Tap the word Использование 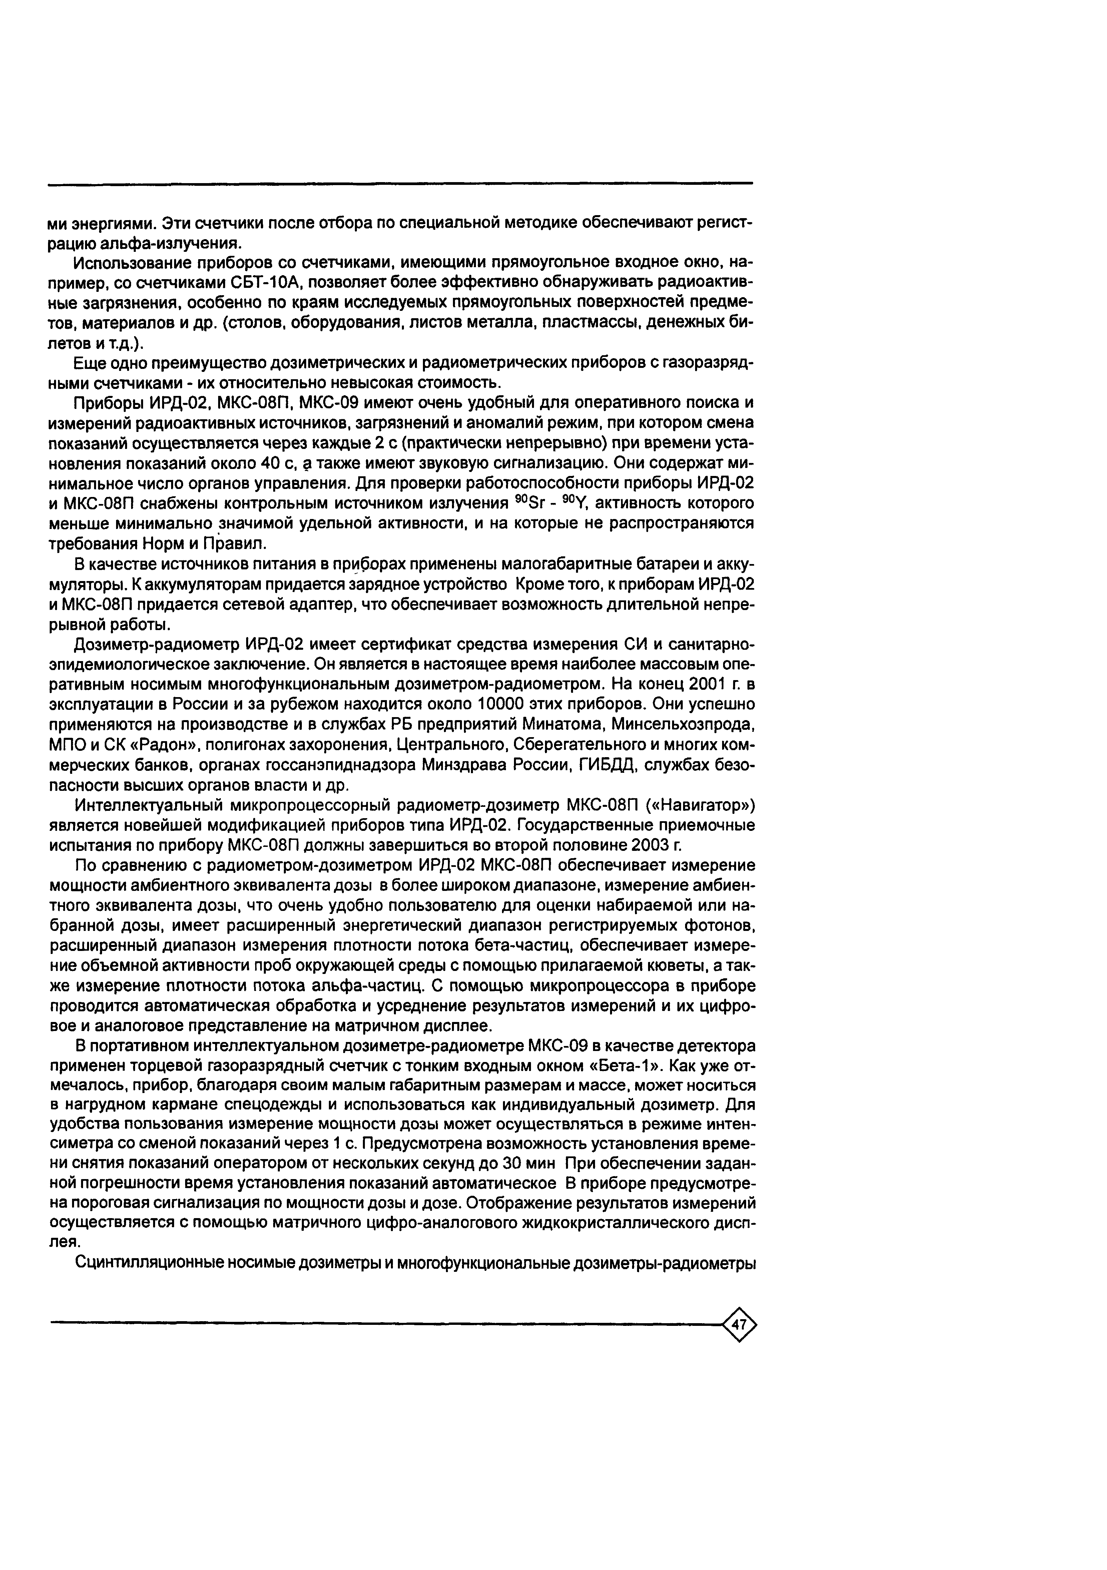click(131, 263)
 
